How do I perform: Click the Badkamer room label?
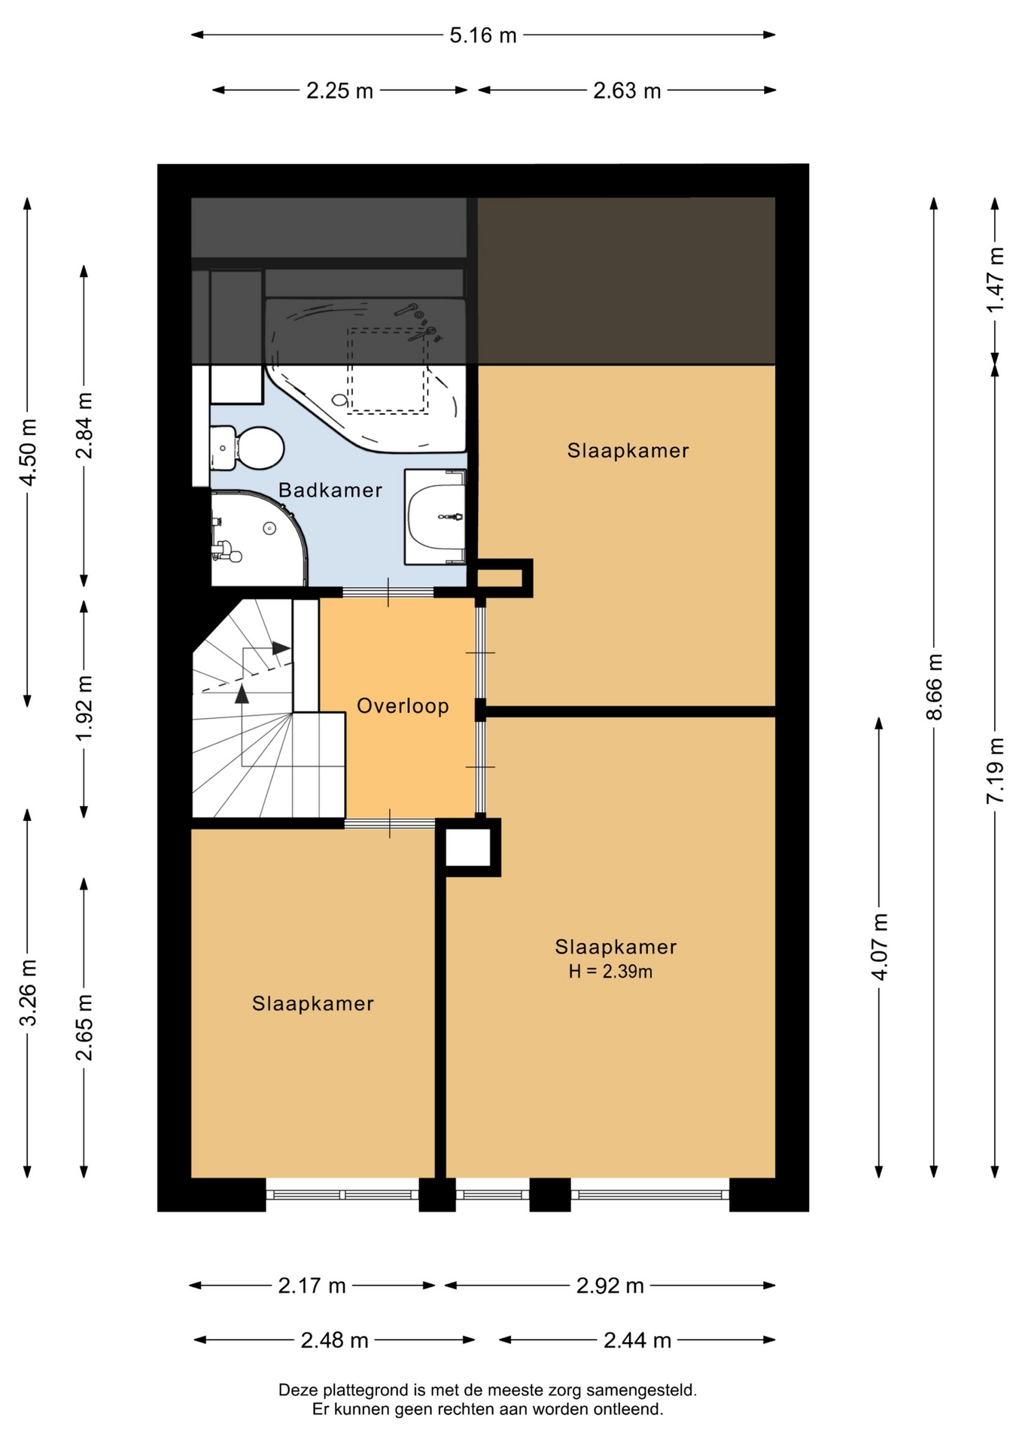coord(330,490)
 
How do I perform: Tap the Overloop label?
coord(403,706)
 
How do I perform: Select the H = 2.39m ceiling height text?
coord(610,972)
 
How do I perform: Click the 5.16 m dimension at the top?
coord(483,35)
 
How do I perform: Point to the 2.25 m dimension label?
coord(339,91)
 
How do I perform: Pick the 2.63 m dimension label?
coord(627,91)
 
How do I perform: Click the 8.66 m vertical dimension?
coord(934,686)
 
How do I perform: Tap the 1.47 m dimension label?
coord(996,279)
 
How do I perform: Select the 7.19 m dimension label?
coord(996,771)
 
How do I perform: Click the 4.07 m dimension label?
coord(879,946)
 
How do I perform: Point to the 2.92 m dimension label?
coord(610,1286)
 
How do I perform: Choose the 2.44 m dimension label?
coord(637,1340)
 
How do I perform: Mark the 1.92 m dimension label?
coord(84,707)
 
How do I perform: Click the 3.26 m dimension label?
coord(29,993)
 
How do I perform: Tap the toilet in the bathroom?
coord(247,448)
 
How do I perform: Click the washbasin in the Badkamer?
coord(435,516)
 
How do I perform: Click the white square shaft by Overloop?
coord(468,847)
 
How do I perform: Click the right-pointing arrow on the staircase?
coord(281,648)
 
